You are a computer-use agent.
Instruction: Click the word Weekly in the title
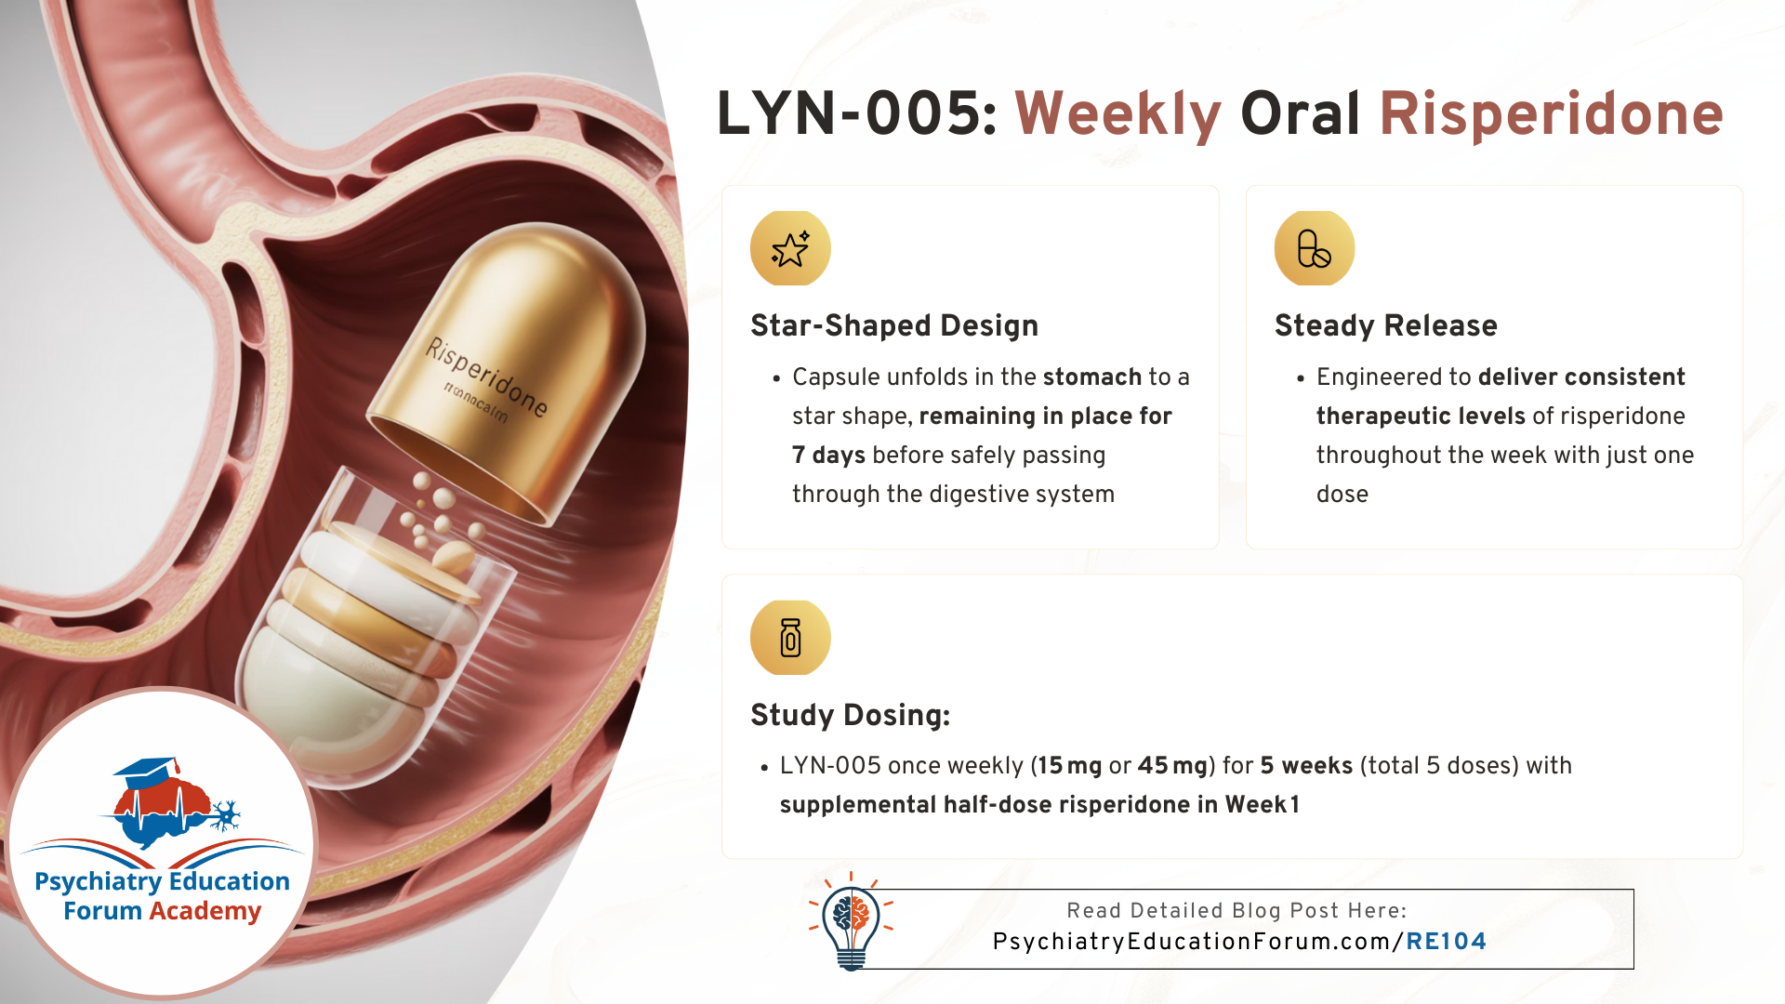click(1117, 115)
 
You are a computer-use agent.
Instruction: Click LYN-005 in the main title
click(856, 113)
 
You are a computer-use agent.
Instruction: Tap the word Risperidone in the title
click(1551, 115)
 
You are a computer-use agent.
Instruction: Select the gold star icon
click(790, 248)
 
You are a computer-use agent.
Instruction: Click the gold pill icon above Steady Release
click(1315, 248)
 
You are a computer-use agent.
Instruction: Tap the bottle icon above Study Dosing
click(790, 638)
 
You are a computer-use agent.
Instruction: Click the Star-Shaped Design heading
click(894, 325)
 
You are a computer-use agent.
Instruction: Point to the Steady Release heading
click(1386, 325)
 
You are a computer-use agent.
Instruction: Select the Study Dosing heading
click(851, 715)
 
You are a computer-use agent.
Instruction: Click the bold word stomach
click(1092, 376)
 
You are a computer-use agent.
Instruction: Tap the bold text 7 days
click(828, 456)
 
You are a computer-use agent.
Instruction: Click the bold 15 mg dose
click(1070, 766)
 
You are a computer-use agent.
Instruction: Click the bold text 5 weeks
click(1306, 765)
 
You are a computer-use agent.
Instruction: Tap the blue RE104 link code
click(1446, 942)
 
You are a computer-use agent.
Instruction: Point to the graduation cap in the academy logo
click(147, 771)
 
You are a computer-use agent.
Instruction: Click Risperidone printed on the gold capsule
click(486, 376)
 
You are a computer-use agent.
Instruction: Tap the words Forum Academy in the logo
click(163, 911)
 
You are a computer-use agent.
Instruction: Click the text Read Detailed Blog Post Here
click(1236, 911)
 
